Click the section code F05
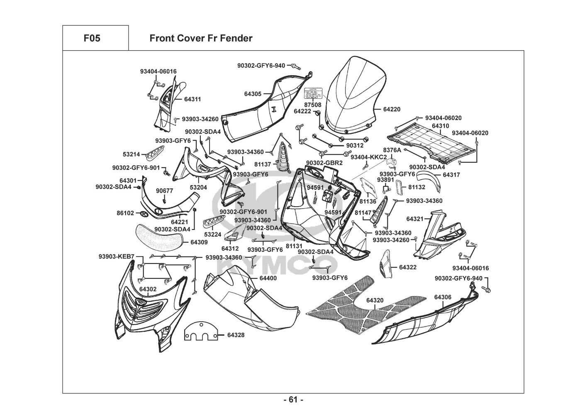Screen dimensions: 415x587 pos(92,39)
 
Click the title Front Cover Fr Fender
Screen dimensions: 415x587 pos(201,39)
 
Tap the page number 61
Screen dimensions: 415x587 pos(293,400)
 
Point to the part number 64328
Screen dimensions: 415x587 pos(236,334)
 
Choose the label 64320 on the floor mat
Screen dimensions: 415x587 pos(375,300)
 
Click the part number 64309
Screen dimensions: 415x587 pos(199,242)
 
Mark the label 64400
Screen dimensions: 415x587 pos(268,278)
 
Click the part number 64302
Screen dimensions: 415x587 pos(148,289)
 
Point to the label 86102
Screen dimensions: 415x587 pos(125,213)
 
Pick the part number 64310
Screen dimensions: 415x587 pos(440,126)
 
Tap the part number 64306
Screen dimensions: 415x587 pos(443,297)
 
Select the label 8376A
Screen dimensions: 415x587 pos(392,149)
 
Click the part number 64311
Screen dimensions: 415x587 pos(181,100)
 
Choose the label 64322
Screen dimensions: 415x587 pos(408,268)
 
